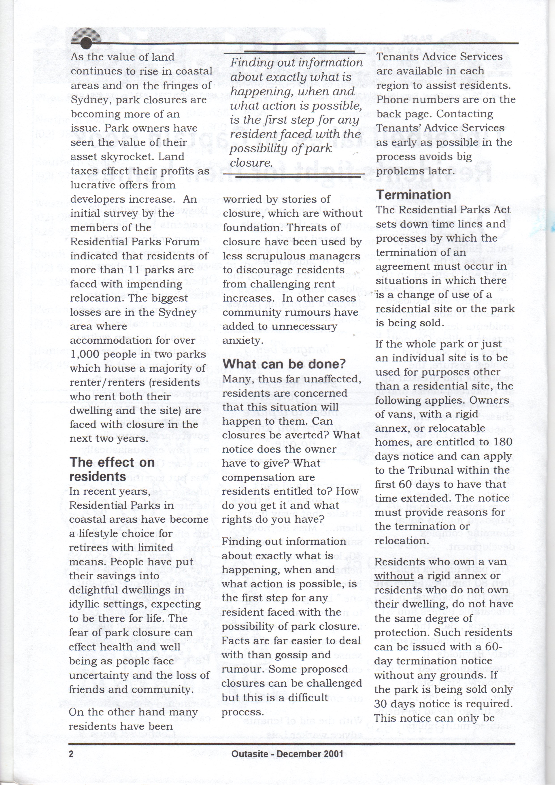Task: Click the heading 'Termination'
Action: coord(414,195)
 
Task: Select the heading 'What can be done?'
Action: coord(284,364)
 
